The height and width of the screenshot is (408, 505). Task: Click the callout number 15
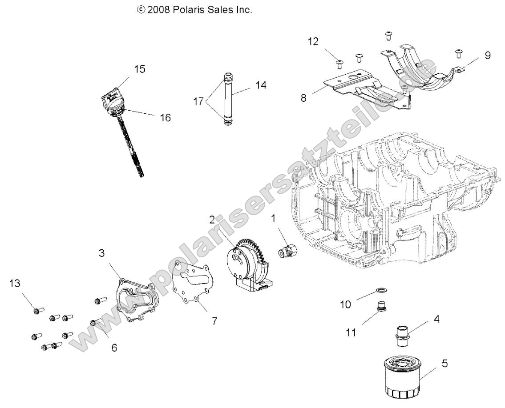140,69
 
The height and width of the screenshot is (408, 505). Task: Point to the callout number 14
261,85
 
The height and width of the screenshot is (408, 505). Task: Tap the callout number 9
488,55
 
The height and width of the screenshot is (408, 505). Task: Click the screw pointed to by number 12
339,64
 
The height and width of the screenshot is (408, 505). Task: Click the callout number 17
198,101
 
